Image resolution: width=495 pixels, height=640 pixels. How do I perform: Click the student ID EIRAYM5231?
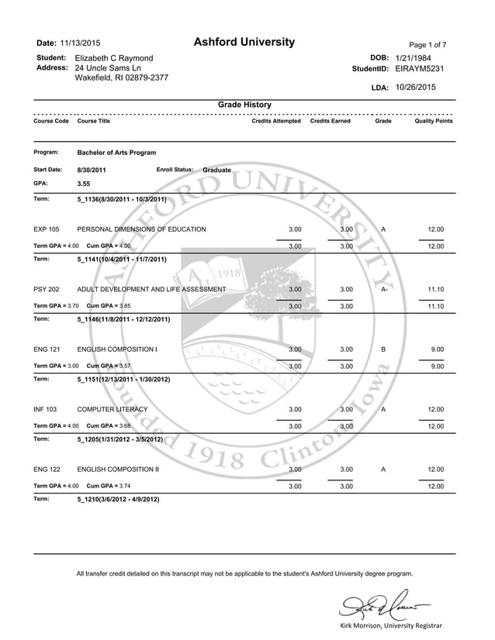click(421, 69)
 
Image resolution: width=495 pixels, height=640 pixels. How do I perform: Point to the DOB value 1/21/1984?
click(414, 58)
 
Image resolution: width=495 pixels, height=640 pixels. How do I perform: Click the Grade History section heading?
click(244, 105)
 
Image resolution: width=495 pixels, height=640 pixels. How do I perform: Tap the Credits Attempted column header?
click(276, 122)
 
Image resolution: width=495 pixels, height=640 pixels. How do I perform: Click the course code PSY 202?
click(47, 289)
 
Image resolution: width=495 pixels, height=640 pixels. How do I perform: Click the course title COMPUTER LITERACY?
click(112, 409)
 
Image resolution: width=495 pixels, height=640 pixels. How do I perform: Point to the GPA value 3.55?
click(85, 184)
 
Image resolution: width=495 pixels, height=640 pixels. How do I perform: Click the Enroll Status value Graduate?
click(216, 170)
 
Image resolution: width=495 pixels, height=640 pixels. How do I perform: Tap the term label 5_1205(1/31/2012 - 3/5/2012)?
click(120, 439)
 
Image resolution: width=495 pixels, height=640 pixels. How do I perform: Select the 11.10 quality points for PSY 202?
click(436, 289)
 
